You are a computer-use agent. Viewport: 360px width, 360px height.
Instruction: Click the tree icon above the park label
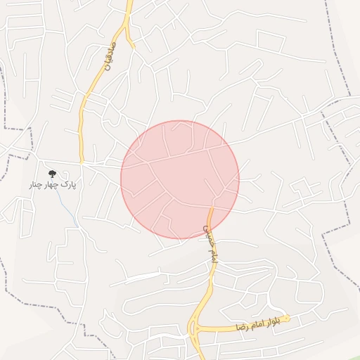(x=51, y=174)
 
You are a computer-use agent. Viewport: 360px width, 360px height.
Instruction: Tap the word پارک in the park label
(x=67, y=185)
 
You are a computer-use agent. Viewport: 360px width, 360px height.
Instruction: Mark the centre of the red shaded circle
(x=180, y=179)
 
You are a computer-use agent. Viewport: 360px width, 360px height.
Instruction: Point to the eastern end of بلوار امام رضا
(x=288, y=318)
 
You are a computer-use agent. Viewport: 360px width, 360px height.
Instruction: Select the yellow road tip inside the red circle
(x=210, y=210)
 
